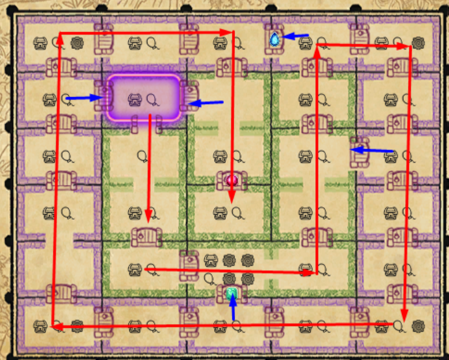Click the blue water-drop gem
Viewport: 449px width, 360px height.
pyautogui.click(x=274, y=39)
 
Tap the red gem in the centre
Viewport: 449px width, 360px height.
pyautogui.click(x=233, y=180)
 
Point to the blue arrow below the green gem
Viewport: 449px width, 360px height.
pyautogui.click(x=233, y=309)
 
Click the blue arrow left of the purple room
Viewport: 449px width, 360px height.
pyautogui.click(x=83, y=98)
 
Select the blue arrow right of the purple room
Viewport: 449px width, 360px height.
pyautogui.click(x=205, y=102)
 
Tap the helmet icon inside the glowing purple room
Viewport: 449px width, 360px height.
pyautogui.click(x=134, y=98)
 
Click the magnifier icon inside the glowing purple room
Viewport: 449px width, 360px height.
pyautogui.click(x=152, y=98)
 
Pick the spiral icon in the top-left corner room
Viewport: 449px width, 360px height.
pyautogui.click(x=77, y=43)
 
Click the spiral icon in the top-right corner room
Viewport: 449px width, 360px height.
pyautogui.click(x=417, y=43)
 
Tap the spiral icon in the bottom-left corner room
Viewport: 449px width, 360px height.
pyautogui.click(x=77, y=324)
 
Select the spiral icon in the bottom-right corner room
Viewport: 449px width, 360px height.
pyautogui.click(x=417, y=324)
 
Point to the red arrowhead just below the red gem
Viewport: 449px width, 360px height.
pyautogui.click(x=233, y=198)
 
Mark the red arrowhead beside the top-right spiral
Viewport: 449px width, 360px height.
pyautogui.click(x=405, y=46)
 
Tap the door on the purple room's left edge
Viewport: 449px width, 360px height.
pyautogui.click(x=103, y=98)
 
